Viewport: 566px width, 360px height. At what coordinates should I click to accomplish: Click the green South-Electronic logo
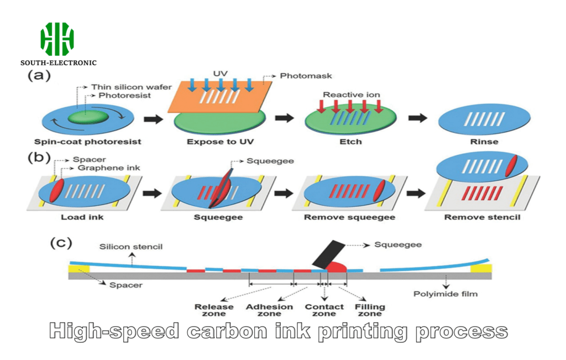(57, 39)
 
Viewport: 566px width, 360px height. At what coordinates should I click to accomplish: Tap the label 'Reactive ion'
(352, 95)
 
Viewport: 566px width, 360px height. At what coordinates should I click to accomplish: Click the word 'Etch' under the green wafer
(350, 142)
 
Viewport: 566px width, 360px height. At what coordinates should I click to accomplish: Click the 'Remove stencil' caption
(482, 217)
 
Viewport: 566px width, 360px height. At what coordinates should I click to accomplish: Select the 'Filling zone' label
(370, 311)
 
